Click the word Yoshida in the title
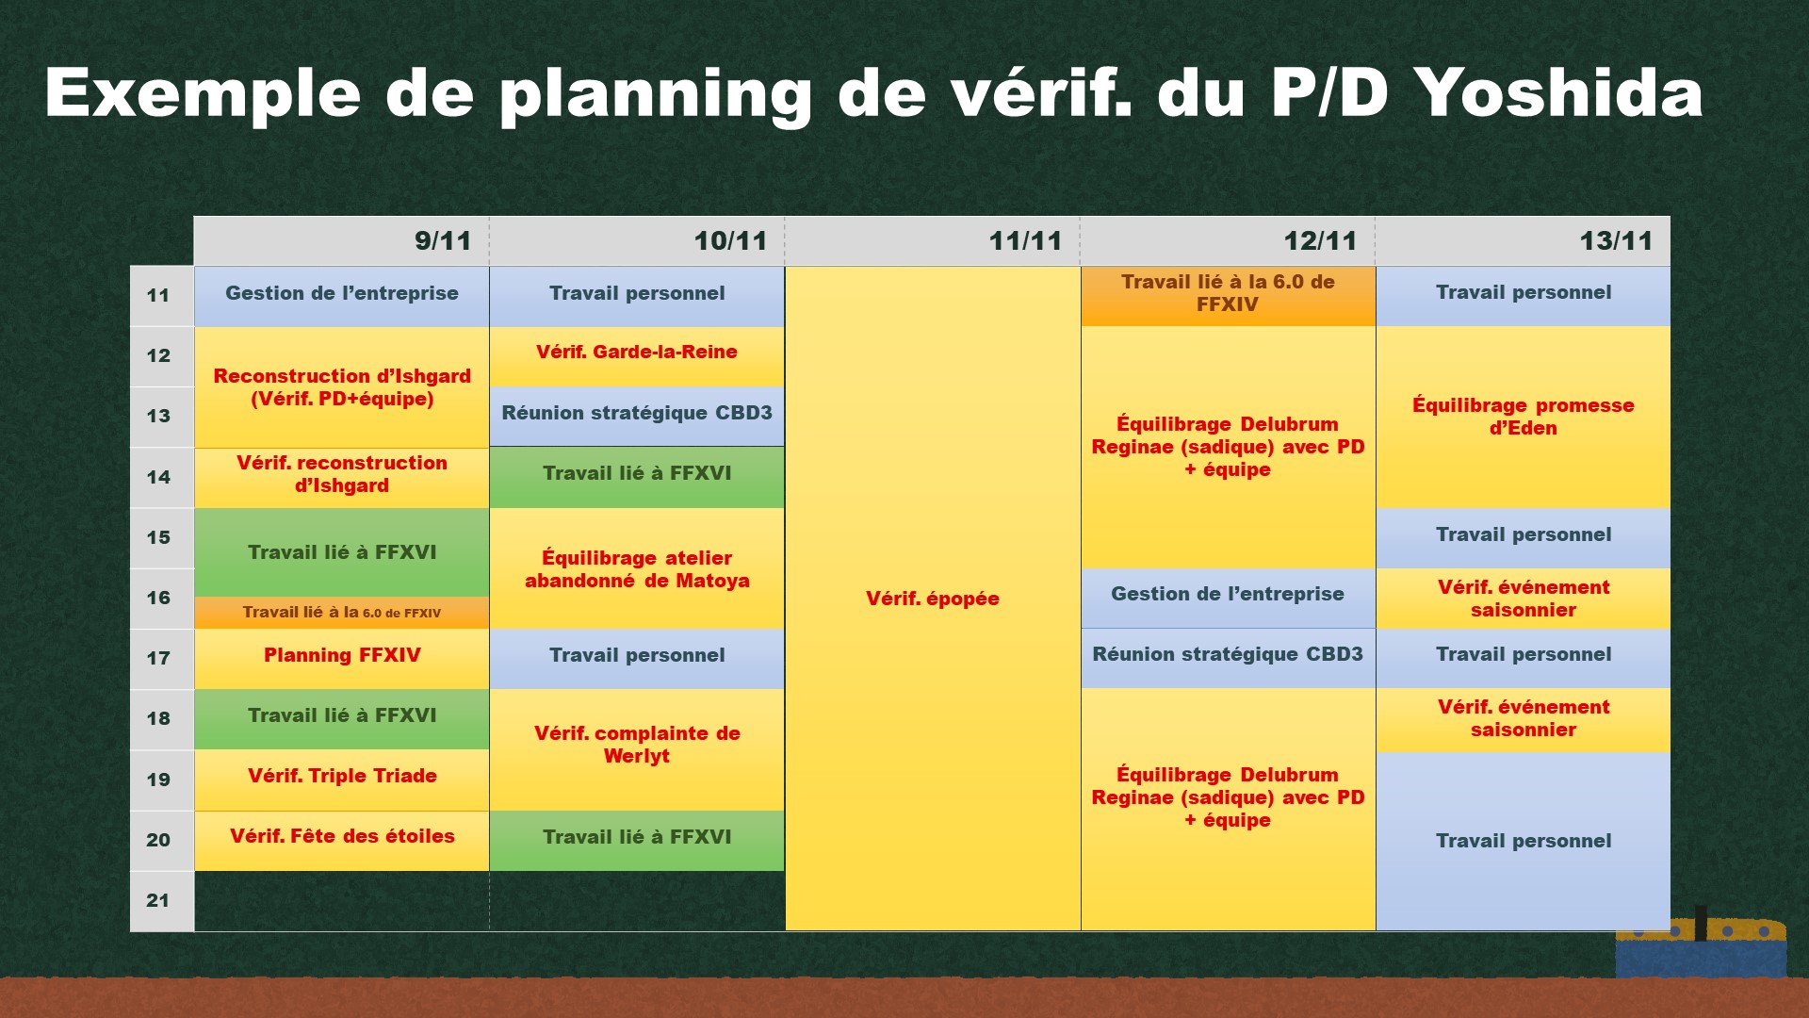(1558, 92)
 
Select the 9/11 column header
(341, 241)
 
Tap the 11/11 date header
(933, 241)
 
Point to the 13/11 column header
(1524, 241)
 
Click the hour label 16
(158, 598)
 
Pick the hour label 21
(158, 900)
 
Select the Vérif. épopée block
(933, 599)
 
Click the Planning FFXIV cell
(342, 659)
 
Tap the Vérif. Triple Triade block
(342, 780)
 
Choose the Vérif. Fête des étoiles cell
(342, 841)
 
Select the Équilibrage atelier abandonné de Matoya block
(637, 568)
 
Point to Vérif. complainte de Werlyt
(637, 750)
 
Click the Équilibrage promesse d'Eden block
(1524, 418)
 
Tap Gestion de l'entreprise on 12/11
(1229, 599)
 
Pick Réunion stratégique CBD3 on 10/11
(637, 417)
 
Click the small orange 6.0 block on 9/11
(342, 613)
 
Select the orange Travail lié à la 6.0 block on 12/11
(1229, 296)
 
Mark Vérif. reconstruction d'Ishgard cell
(342, 478)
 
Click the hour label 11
(158, 295)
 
